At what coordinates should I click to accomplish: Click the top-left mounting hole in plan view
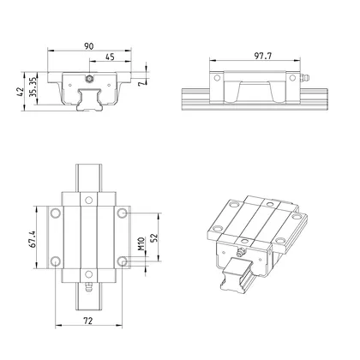[x=55, y=211]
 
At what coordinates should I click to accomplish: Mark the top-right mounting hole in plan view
[x=123, y=211]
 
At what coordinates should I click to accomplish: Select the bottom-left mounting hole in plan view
[x=55, y=261]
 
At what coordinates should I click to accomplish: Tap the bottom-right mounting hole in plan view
[x=123, y=261]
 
